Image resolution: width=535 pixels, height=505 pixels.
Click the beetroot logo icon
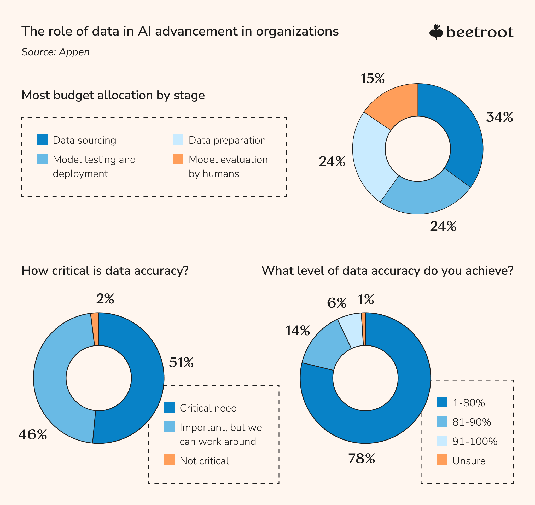(436, 32)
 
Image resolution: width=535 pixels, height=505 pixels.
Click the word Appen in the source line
(74, 52)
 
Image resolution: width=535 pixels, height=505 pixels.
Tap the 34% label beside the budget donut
(499, 117)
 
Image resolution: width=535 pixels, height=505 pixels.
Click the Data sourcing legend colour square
(42, 139)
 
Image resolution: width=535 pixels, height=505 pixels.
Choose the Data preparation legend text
(227, 140)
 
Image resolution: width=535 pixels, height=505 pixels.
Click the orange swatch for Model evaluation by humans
(178, 159)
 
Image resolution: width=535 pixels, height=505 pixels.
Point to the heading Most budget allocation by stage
(113, 95)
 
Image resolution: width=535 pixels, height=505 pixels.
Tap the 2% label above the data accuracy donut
(105, 299)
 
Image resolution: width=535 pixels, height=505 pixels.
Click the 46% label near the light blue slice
(33, 434)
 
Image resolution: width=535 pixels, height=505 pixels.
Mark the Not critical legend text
(204, 461)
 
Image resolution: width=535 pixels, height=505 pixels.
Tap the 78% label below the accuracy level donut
(361, 459)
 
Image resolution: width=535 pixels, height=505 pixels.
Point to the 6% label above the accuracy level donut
(336, 303)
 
